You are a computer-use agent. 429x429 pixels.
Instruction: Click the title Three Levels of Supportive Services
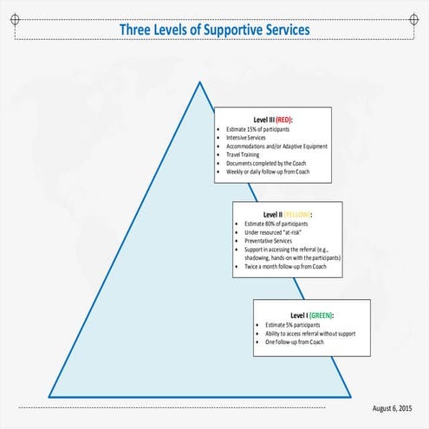click(214, 31)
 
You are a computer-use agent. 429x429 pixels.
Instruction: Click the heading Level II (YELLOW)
click(287, 214)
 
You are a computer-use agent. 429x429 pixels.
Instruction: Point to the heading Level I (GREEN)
click(312, 315)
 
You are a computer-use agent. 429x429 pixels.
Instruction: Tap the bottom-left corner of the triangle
click(49, 396)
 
